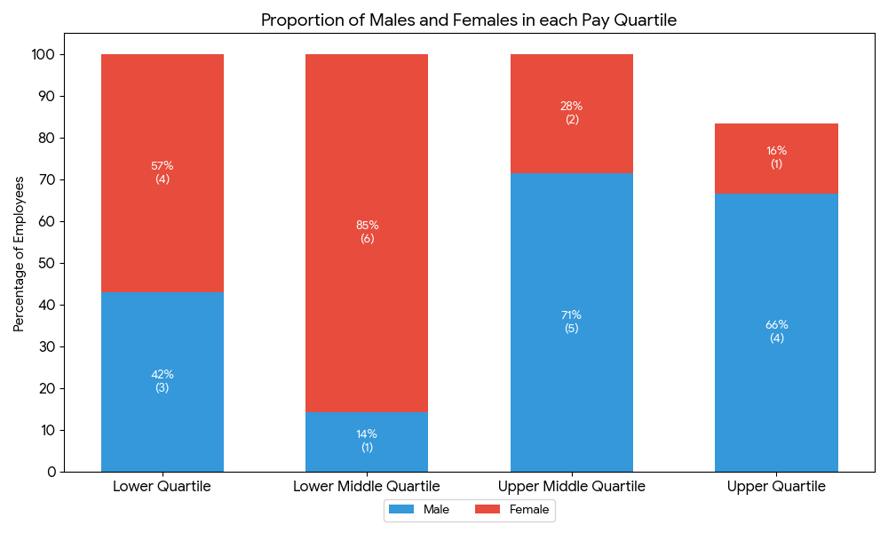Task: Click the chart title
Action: [469, 20]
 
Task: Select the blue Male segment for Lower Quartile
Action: [163, 418]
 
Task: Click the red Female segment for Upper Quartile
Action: [776, 133]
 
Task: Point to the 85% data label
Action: [367, 226]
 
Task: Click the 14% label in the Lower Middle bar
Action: [367, 434]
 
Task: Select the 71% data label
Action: [572, 315]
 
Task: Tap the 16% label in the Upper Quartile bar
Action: [776, 151]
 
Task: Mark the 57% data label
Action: [163, 166]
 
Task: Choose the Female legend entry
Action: [512, 510]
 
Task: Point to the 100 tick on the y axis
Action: [44, 55]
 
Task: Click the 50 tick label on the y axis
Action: [47, 263]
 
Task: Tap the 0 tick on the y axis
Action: [52, 472]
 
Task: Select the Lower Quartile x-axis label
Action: [163, 487]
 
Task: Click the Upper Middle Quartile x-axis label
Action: [572, 487]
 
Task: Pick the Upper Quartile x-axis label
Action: [776, 487]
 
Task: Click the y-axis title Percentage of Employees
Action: [20, 254]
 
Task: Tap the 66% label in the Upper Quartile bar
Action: [776, 325]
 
